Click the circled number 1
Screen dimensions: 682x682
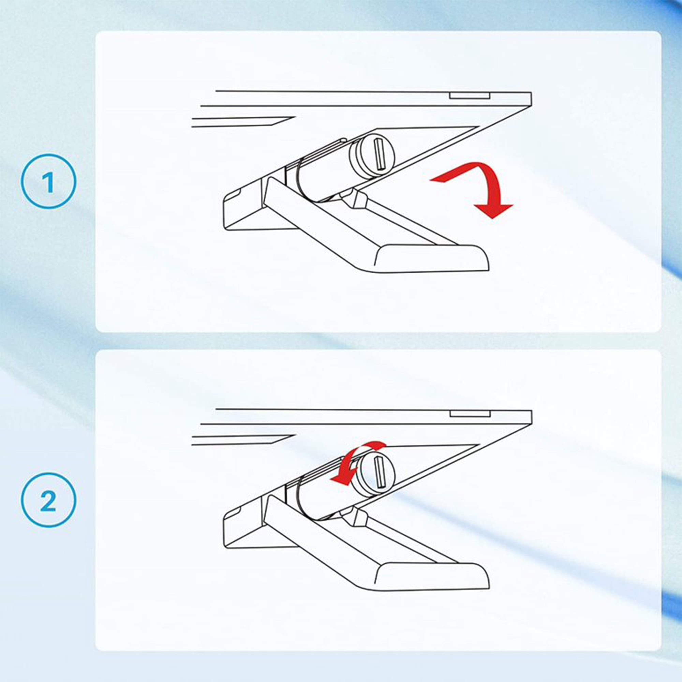[49, 181]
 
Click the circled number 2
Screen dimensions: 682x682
[49, 501]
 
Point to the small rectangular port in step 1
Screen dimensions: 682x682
[469, 95]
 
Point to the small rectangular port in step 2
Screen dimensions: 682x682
[470, 413]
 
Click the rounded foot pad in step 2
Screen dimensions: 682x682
[431, 578]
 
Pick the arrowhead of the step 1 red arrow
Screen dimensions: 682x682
[493, 210]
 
